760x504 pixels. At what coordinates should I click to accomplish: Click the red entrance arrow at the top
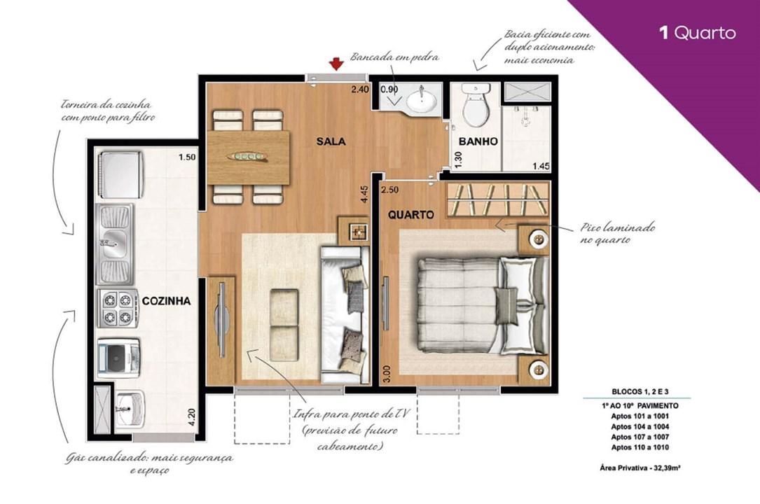336,64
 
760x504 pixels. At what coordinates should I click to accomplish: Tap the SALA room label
331,141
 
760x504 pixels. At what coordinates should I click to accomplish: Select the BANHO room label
478,141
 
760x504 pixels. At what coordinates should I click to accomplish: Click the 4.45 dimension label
364,194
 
